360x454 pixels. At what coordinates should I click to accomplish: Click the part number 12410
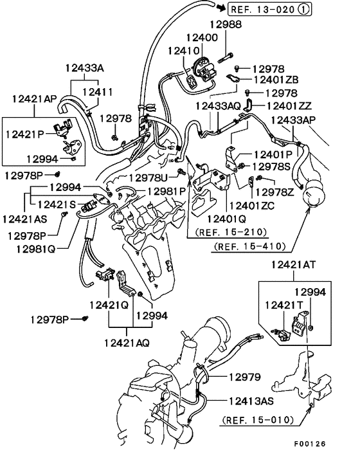pos(183,50)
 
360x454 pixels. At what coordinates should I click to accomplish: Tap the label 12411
pos(96,93)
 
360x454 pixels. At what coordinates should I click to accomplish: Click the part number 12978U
pos(150,177)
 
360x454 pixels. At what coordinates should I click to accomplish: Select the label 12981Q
pos(32,248)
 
